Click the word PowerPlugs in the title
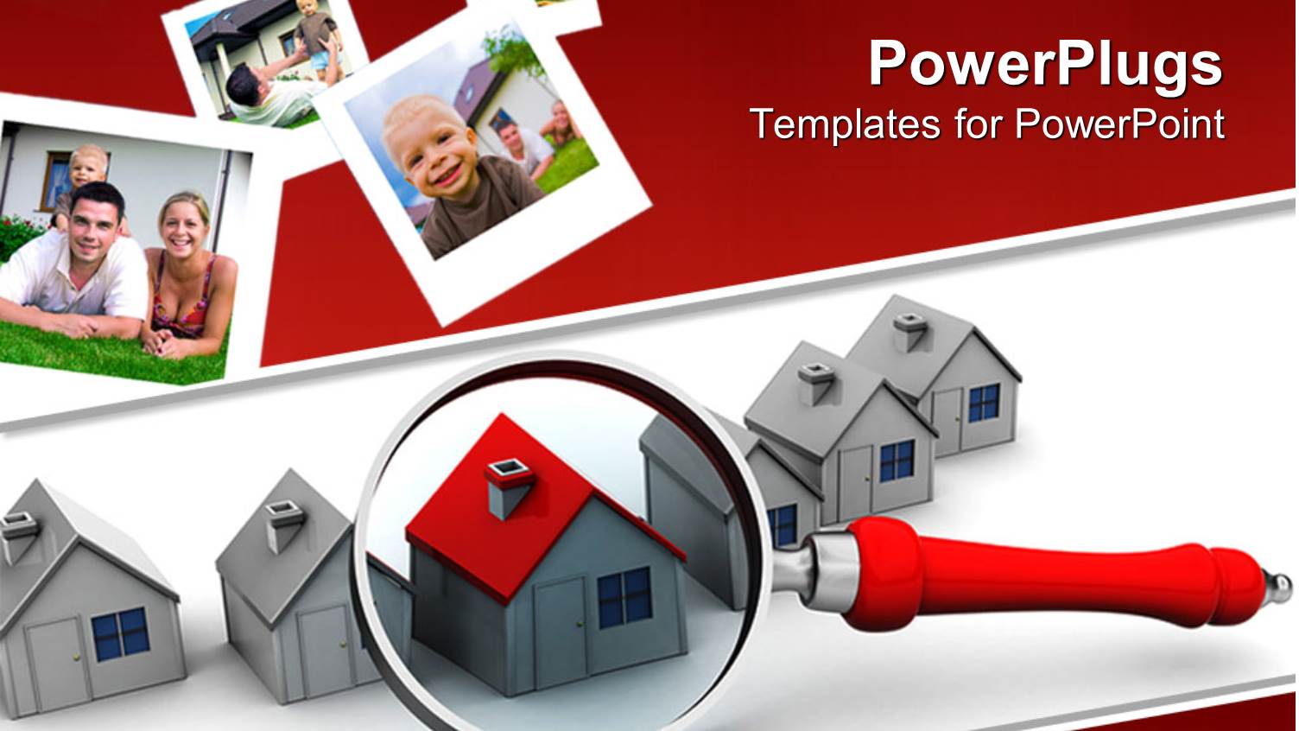tap(1045, 66)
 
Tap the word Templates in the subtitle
tap(844, 124)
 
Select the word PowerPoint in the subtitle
tap(1120, 124)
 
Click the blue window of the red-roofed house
tap(624, 596)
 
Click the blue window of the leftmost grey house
tap(120, 633)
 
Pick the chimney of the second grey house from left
tap(285, 524)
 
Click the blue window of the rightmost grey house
tap(984, 403)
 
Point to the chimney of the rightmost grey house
tap(910, 332)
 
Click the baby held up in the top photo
tap(315, 35)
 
